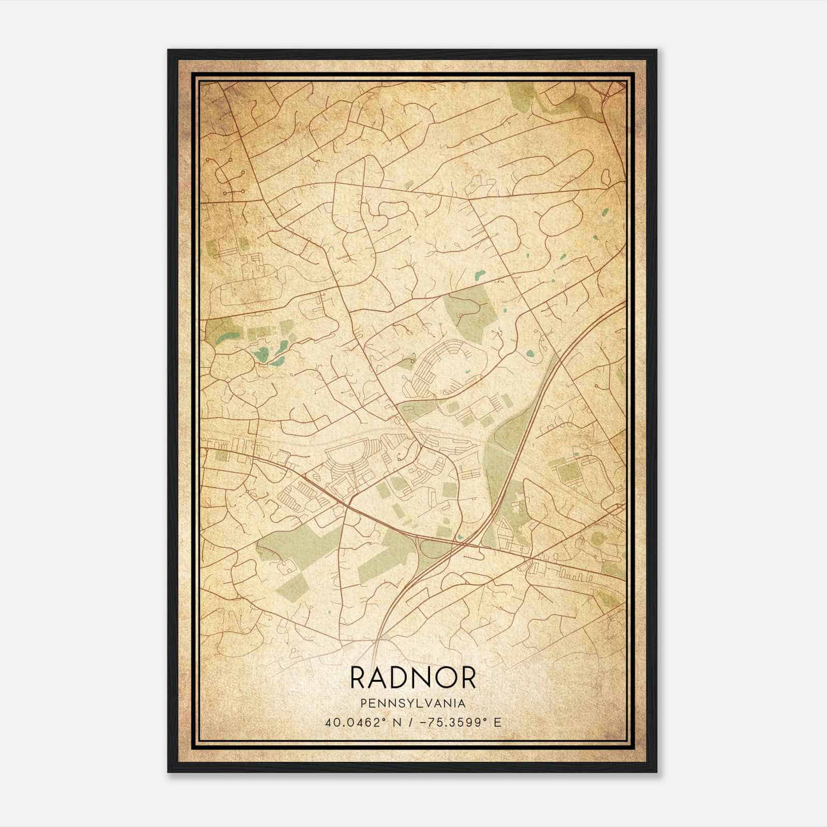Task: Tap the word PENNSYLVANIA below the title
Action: (412, 703)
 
